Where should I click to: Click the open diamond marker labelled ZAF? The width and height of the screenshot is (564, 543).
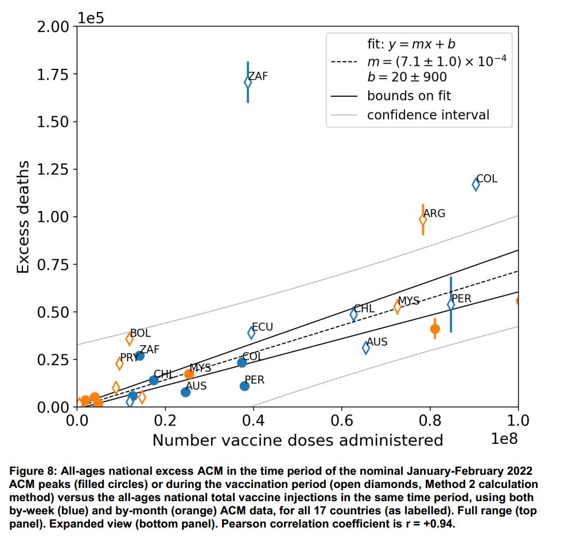pos(248,82)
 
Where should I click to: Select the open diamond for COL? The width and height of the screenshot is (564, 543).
pos(476,184)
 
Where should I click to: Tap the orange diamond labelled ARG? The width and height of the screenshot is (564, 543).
pos(423,220)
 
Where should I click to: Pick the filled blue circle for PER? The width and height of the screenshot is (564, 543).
pos(244,386)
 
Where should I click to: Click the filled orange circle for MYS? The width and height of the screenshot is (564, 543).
pos(189,374)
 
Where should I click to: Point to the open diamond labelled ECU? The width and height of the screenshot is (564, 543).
pos(251,333)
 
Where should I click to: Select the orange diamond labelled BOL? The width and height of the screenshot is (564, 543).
pos(130,339)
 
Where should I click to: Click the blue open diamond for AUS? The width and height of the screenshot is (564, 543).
pos(366,347)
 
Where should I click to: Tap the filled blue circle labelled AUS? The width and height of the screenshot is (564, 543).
pos(185,392)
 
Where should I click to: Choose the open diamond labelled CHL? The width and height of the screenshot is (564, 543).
pos(353,314)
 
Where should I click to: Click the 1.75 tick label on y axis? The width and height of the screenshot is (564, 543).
pos(56,75)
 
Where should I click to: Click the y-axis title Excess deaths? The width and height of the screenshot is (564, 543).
pos(23,217)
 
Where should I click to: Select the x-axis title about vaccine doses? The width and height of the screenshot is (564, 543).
pos(297,440)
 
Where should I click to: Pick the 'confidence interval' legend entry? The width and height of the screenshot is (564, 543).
pos(428,115)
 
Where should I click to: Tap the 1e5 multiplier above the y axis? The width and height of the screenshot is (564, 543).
pos(92,17)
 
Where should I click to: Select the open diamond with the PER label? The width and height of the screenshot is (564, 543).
pos(451,304)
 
